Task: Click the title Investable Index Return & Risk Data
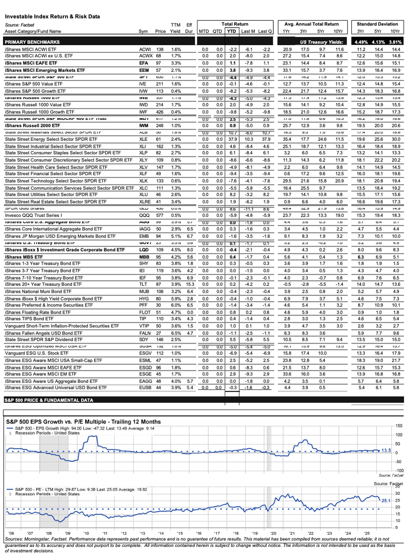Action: [52, 17]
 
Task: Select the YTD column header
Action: [232, 31]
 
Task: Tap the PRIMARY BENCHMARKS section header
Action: [32, 42]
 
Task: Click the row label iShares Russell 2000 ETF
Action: [32, 126]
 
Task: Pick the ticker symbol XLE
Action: [143, 139]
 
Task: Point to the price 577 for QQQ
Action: [160, 216]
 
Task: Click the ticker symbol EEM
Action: [144, 71]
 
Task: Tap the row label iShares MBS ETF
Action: [24, 257]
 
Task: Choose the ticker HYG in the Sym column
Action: [144, 299]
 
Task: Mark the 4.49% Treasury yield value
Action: [361, 42]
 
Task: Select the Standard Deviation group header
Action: [377, 24]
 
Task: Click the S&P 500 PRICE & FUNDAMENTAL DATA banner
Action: [49, 400]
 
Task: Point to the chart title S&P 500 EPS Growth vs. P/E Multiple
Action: [83, 422]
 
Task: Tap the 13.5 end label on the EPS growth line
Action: [386, 450]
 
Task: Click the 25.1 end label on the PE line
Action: [386, 501]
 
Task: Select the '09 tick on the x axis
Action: [67, 533]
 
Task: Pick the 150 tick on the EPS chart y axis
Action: [399, 426]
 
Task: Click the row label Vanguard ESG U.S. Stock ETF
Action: [37, 353]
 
